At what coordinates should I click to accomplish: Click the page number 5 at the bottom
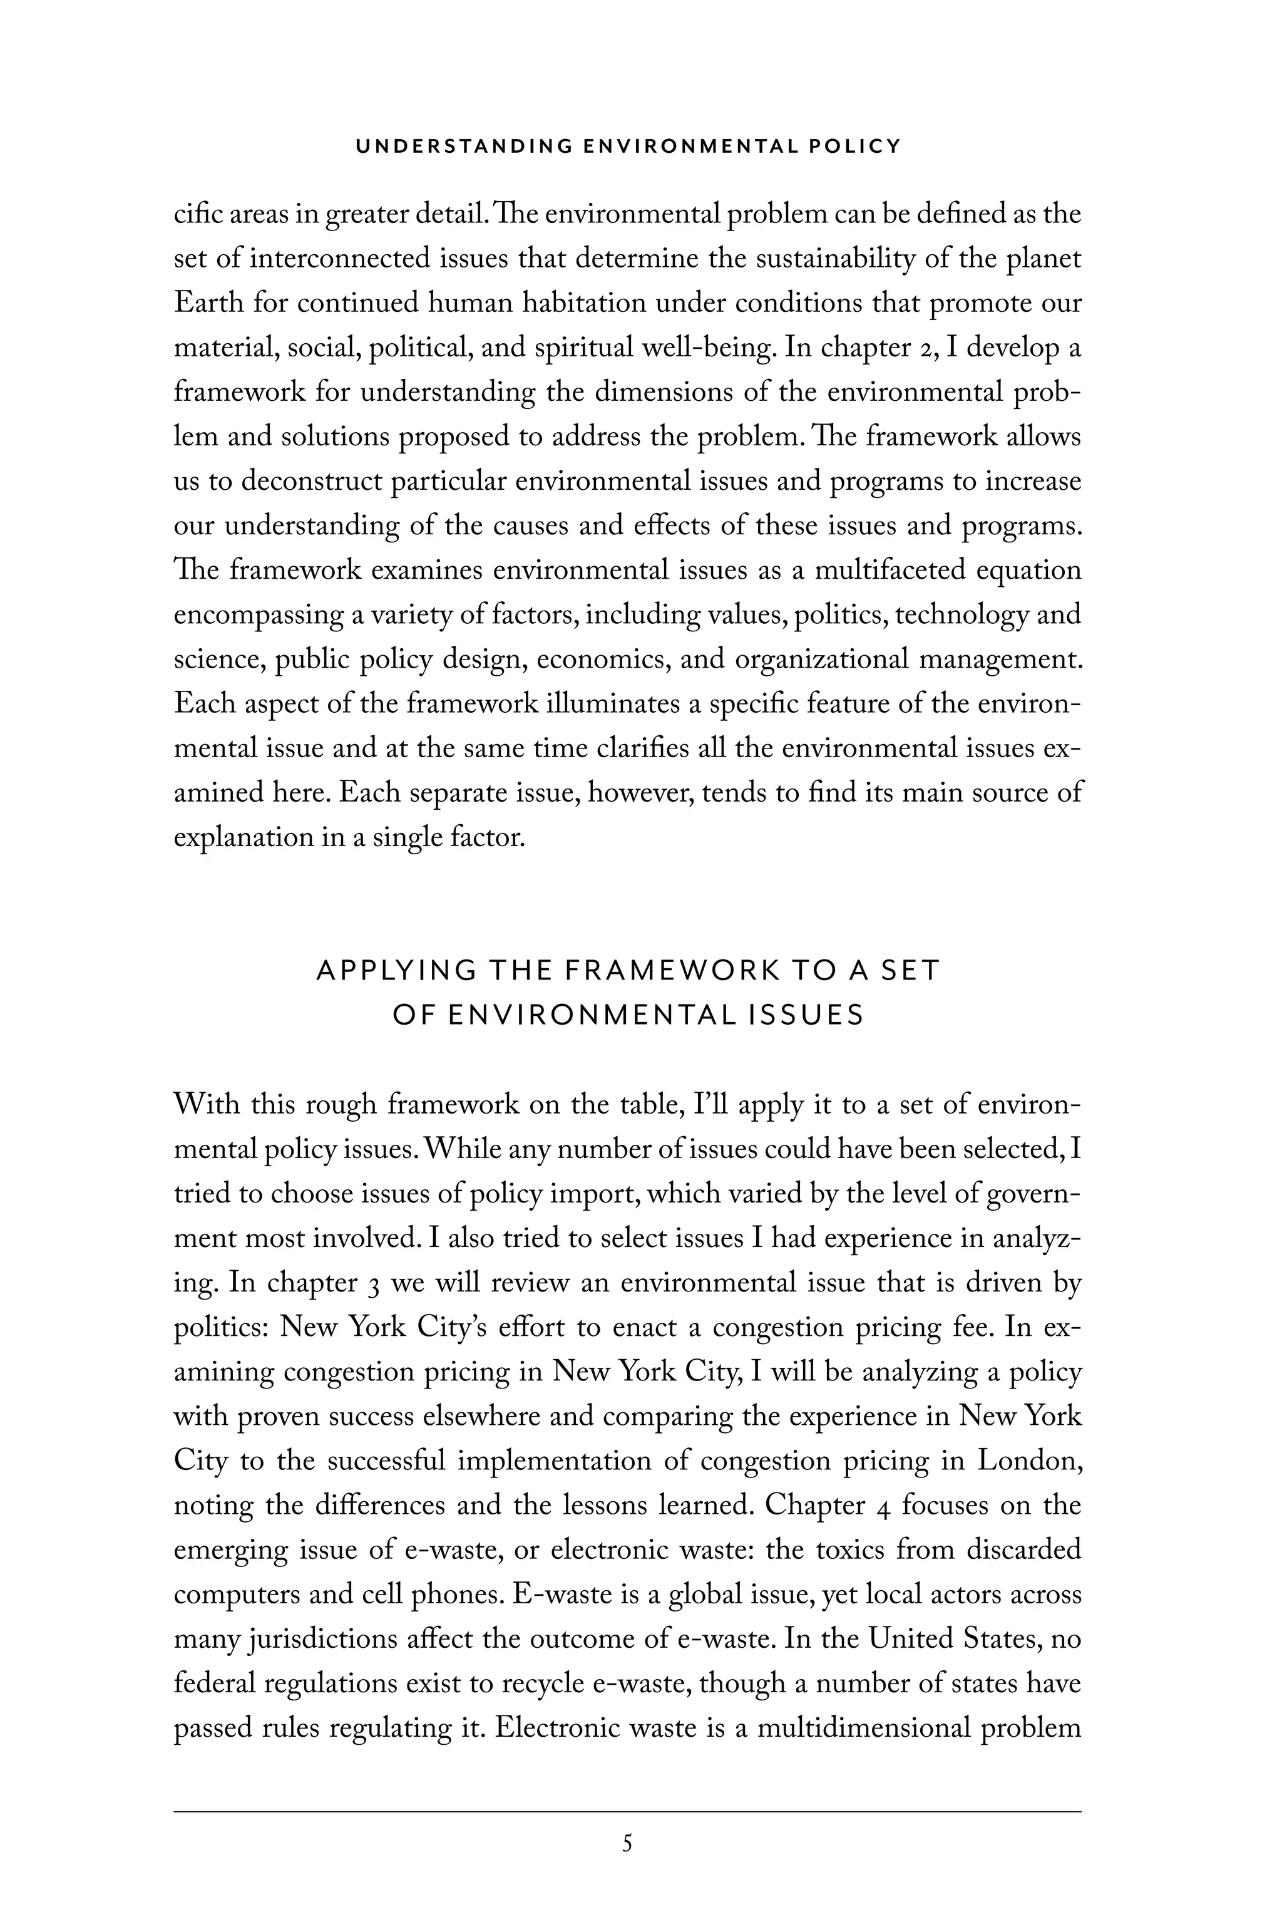tap(627, 1844)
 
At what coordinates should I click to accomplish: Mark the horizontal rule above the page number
tap(627, 1811)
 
